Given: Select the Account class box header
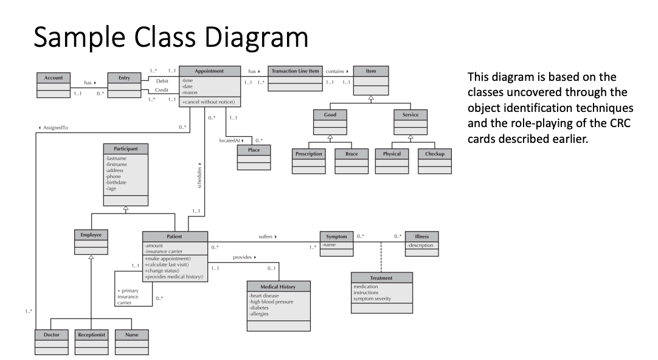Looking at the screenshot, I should tap(54, 78).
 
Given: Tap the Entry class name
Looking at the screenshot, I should tap(124, 78).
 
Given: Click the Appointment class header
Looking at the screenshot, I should tap(209, 71).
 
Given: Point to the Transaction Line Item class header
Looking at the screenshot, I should tap(295, 71).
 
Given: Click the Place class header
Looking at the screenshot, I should tap(254, 150).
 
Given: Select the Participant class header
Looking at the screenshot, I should tap(125, 148).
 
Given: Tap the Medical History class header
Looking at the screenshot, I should tap(278, 286).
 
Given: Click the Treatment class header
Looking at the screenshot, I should tap(381, 278).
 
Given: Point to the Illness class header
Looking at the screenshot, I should tap(421, 237).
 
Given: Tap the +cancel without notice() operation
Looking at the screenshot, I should tap(207, 102).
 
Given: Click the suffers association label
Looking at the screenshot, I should tap(267, 236).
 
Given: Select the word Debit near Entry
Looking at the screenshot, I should tap(162, 80).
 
